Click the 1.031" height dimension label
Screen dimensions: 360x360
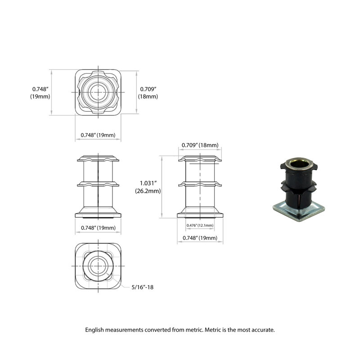(148, 183)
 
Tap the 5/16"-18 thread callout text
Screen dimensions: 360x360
(144, 287)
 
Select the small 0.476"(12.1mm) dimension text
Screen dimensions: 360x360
(200, 225)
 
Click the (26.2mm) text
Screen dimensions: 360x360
(148, 191)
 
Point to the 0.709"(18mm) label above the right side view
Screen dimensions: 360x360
(200, 145)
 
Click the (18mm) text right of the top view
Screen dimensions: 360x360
(148, 96)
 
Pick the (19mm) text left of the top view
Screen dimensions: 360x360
(40, 96)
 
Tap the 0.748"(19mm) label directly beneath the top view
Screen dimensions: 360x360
(98, 135)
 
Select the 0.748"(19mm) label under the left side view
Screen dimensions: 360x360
(98, 228)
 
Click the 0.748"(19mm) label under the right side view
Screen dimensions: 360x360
(200, 238)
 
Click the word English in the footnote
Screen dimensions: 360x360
(96, 330)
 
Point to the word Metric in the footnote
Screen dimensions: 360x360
(214, 330)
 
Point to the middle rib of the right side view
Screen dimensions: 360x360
(200, 184)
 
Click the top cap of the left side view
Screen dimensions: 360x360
(98, 158)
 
